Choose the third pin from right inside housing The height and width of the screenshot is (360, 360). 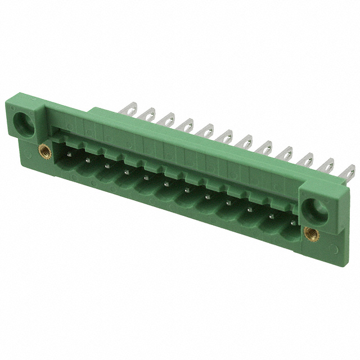coord(250,209)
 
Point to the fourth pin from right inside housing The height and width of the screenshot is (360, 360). coord(229,202)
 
